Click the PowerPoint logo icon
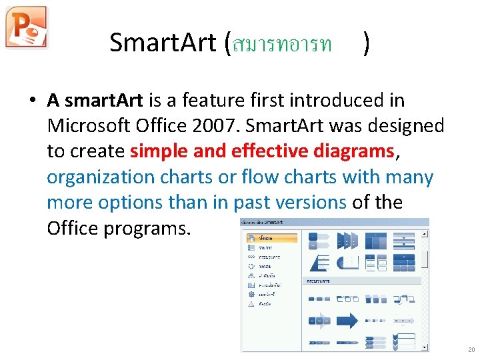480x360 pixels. tap(27, 27)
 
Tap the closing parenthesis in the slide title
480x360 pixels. tap(367, 44)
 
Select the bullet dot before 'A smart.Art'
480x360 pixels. tap(31, 101)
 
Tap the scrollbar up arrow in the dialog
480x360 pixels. tap(425, 233)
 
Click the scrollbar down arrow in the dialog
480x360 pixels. tap(425, 347)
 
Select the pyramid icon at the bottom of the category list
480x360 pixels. tap(251, 303)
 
